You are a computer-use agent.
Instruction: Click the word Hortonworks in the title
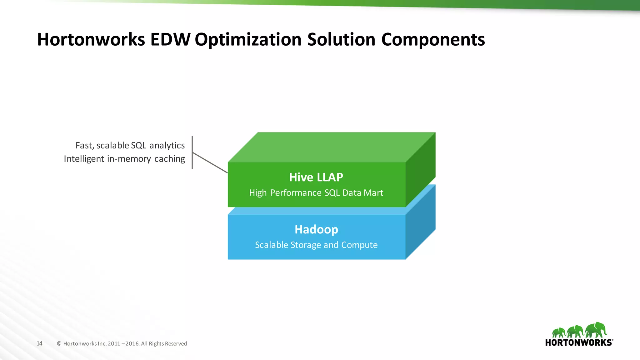coord(91,40)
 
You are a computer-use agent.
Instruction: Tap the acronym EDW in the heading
coord(170,40)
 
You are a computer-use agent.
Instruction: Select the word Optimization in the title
coord(248,40)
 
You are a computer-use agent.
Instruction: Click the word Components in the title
coord(433,40)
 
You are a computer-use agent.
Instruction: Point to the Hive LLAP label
coord(316,177)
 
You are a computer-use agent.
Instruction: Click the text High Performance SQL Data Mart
coord(316,193)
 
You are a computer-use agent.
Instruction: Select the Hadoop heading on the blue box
coord(316,229)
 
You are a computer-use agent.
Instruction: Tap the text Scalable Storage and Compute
coord(316,245)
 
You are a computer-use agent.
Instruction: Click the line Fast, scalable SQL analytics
coord(130,146)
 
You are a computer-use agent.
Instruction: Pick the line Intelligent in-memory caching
coord(124,159)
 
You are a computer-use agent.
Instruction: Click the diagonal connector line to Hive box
coord(210,162)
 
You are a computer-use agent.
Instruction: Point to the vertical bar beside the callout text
coord(192,152)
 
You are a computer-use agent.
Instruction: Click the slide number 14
coord(39,343)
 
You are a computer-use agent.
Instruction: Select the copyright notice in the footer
coord(122,343)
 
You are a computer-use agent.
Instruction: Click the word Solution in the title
coord(341,40)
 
